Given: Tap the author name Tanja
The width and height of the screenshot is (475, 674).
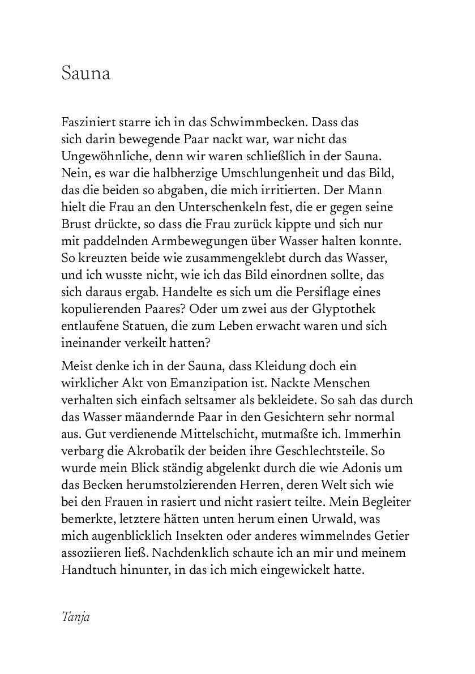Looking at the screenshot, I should point(75,616).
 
